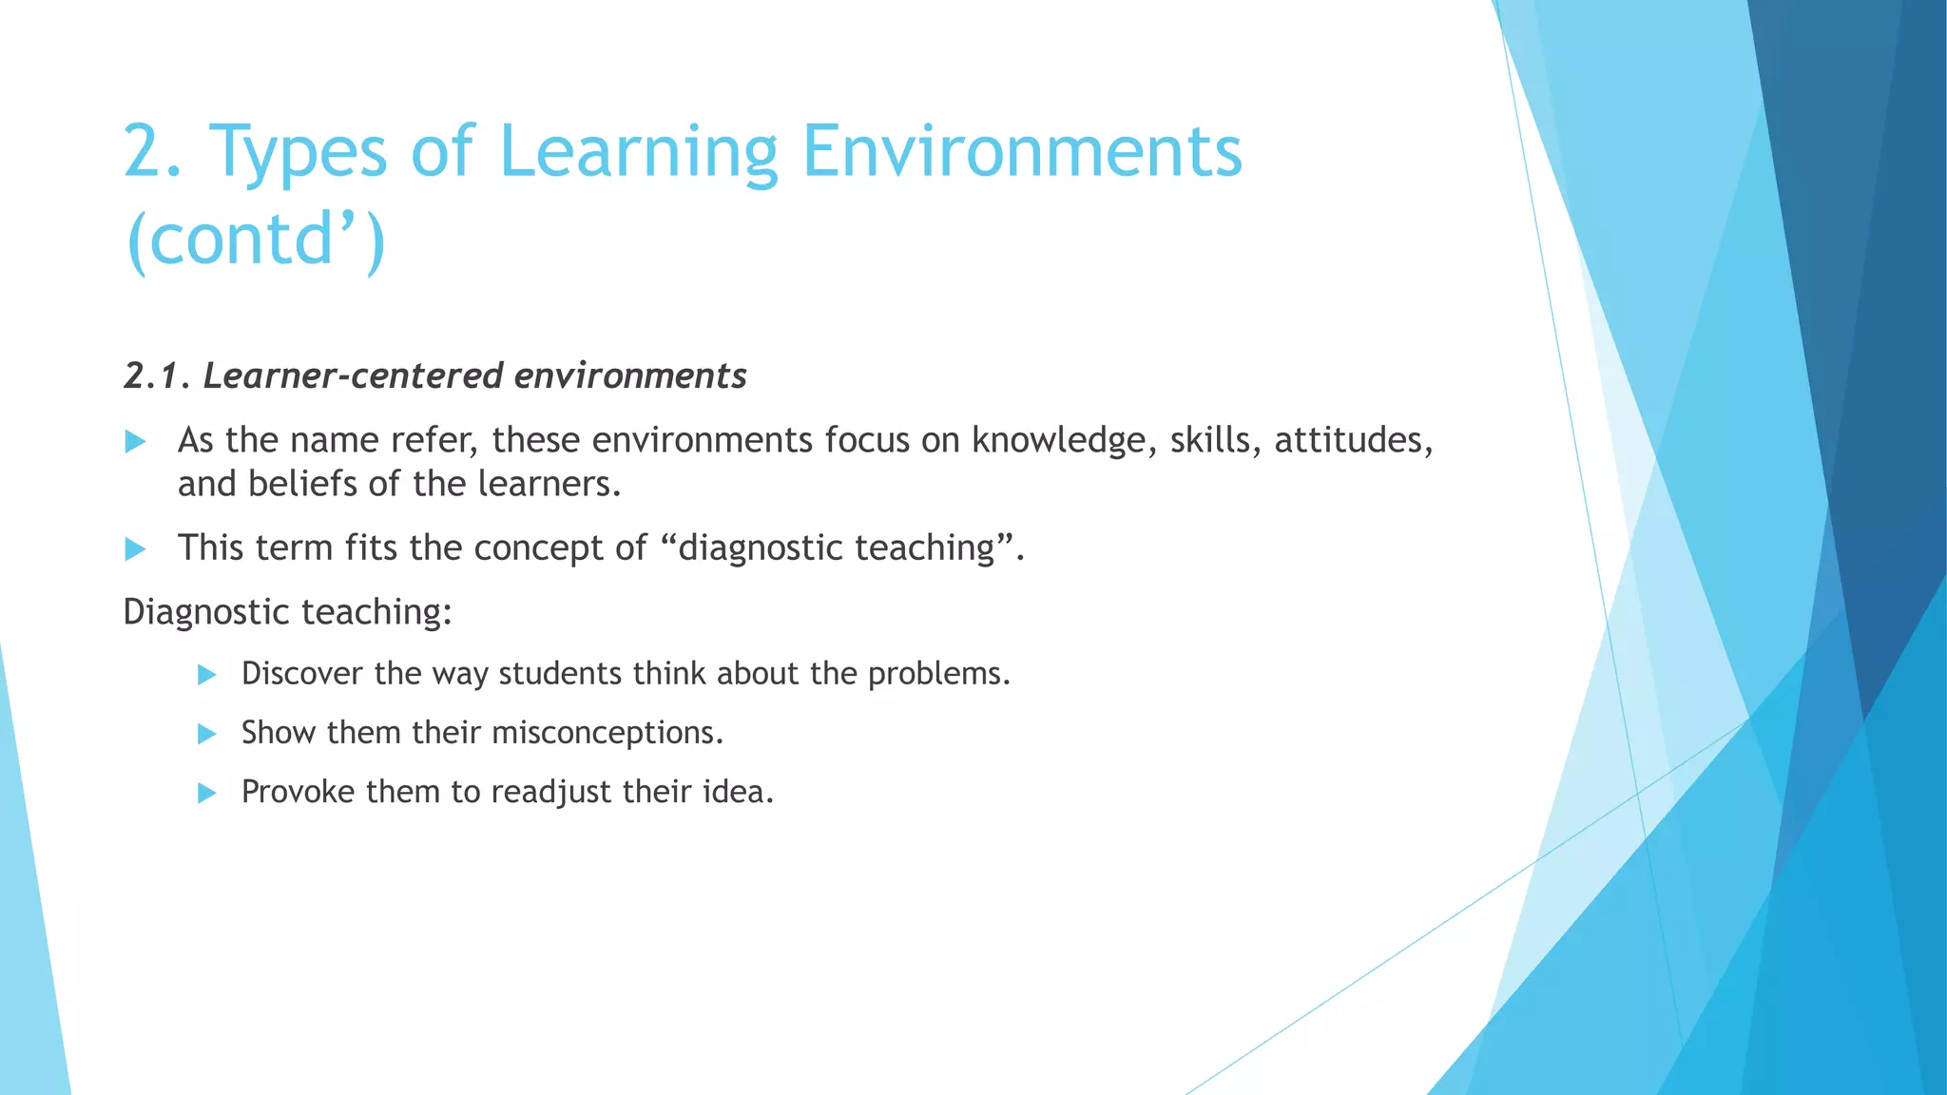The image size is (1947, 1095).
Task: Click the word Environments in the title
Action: pos(1022,152)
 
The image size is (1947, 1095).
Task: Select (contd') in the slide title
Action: pos(255,240)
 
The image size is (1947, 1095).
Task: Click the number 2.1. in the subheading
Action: pos(158,376)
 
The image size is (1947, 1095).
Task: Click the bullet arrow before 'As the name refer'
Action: pos(135,441)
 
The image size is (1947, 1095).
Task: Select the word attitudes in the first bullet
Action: pos(1352,441)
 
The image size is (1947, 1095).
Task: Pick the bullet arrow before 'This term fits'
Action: pos(135,548)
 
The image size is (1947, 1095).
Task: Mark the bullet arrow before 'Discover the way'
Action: pos(207,675)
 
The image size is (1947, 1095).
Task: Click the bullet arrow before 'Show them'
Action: pos(207,734)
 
